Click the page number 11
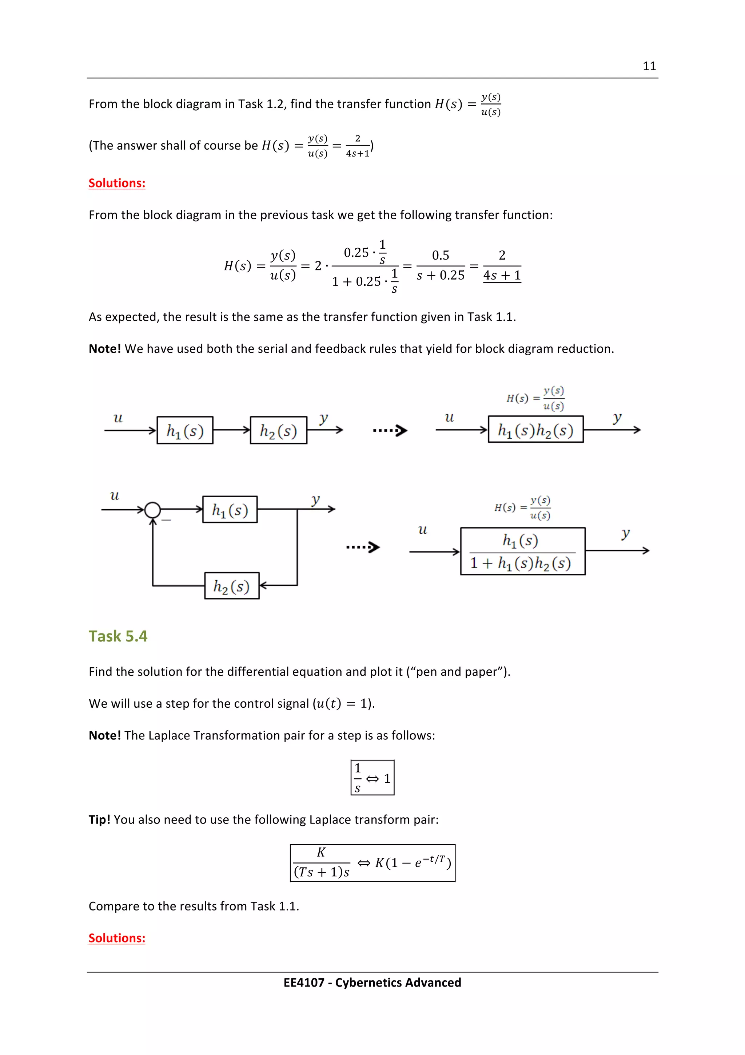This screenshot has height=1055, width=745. click(649, 66)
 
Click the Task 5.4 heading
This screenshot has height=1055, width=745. click(118, 636)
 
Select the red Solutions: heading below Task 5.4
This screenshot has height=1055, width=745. click(117, 938)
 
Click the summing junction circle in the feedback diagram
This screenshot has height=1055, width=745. click(152, 510)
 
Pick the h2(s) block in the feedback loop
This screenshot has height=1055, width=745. click(232, 586)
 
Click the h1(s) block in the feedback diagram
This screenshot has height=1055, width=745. click(230, 510)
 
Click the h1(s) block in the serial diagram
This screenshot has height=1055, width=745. click(185, 431)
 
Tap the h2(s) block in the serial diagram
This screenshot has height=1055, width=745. click(279, 431)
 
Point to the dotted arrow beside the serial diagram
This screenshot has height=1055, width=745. click(390, 431)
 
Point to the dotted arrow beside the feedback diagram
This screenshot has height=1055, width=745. click(363, 547)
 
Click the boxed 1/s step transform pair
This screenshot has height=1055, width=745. click(372, 778)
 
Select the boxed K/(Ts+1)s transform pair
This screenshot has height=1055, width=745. click(372, 863)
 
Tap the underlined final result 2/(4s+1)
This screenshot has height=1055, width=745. click(502, 266)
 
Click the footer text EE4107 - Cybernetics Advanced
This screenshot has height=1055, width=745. click(372, 983)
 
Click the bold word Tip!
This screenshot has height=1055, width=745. click(99, 820)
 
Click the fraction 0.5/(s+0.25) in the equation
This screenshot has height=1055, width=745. click(441, 266)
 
